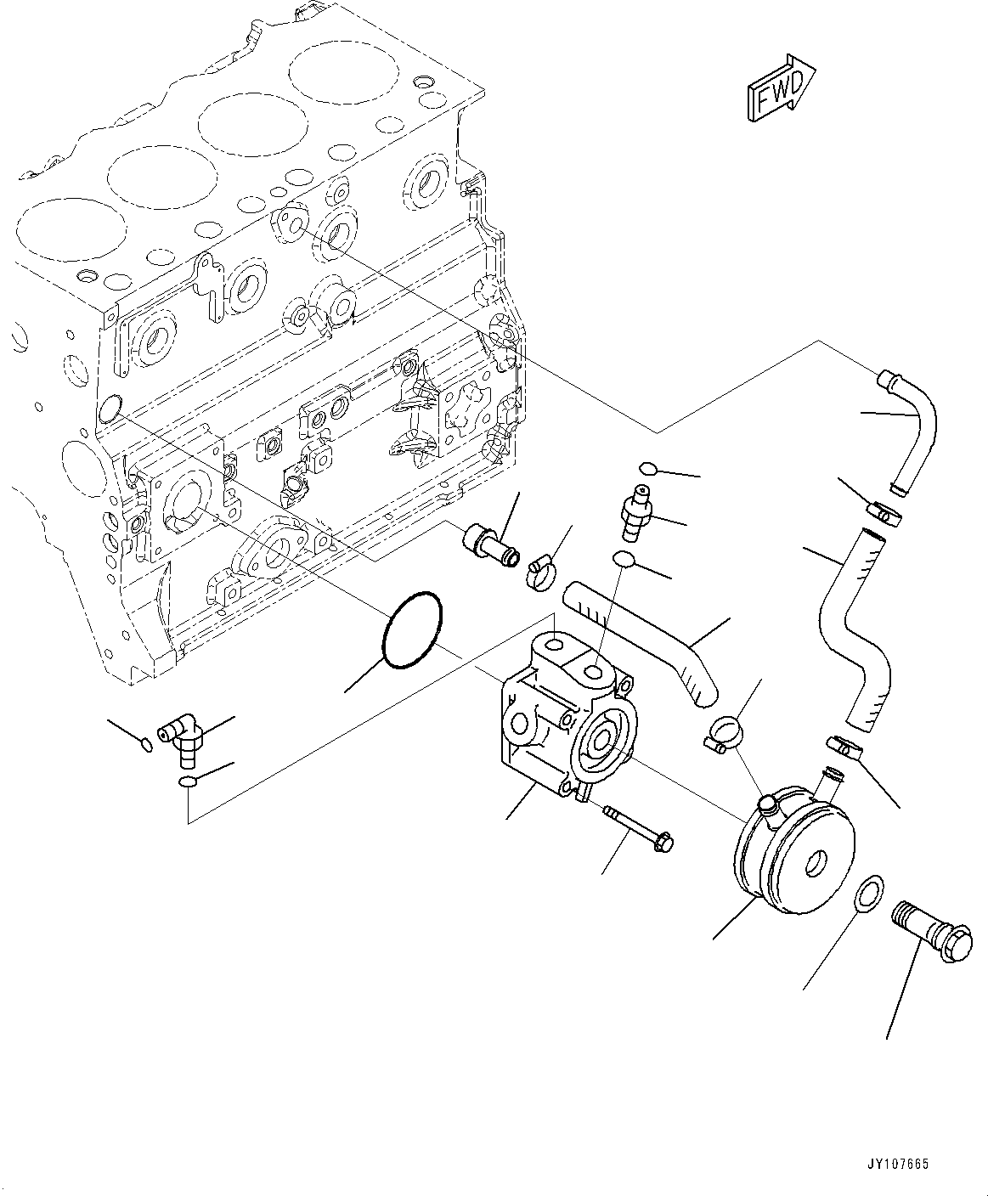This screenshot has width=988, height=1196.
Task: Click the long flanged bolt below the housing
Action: (639, 830)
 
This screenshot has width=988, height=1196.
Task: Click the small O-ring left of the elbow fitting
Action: (146, 745)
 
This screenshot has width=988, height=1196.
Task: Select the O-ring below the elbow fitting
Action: (187, 781)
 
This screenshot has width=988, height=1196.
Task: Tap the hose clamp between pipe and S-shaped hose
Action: (884, 513)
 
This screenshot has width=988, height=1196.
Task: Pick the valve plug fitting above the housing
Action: (634, 514)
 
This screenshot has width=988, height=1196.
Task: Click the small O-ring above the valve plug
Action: (646, 468)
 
